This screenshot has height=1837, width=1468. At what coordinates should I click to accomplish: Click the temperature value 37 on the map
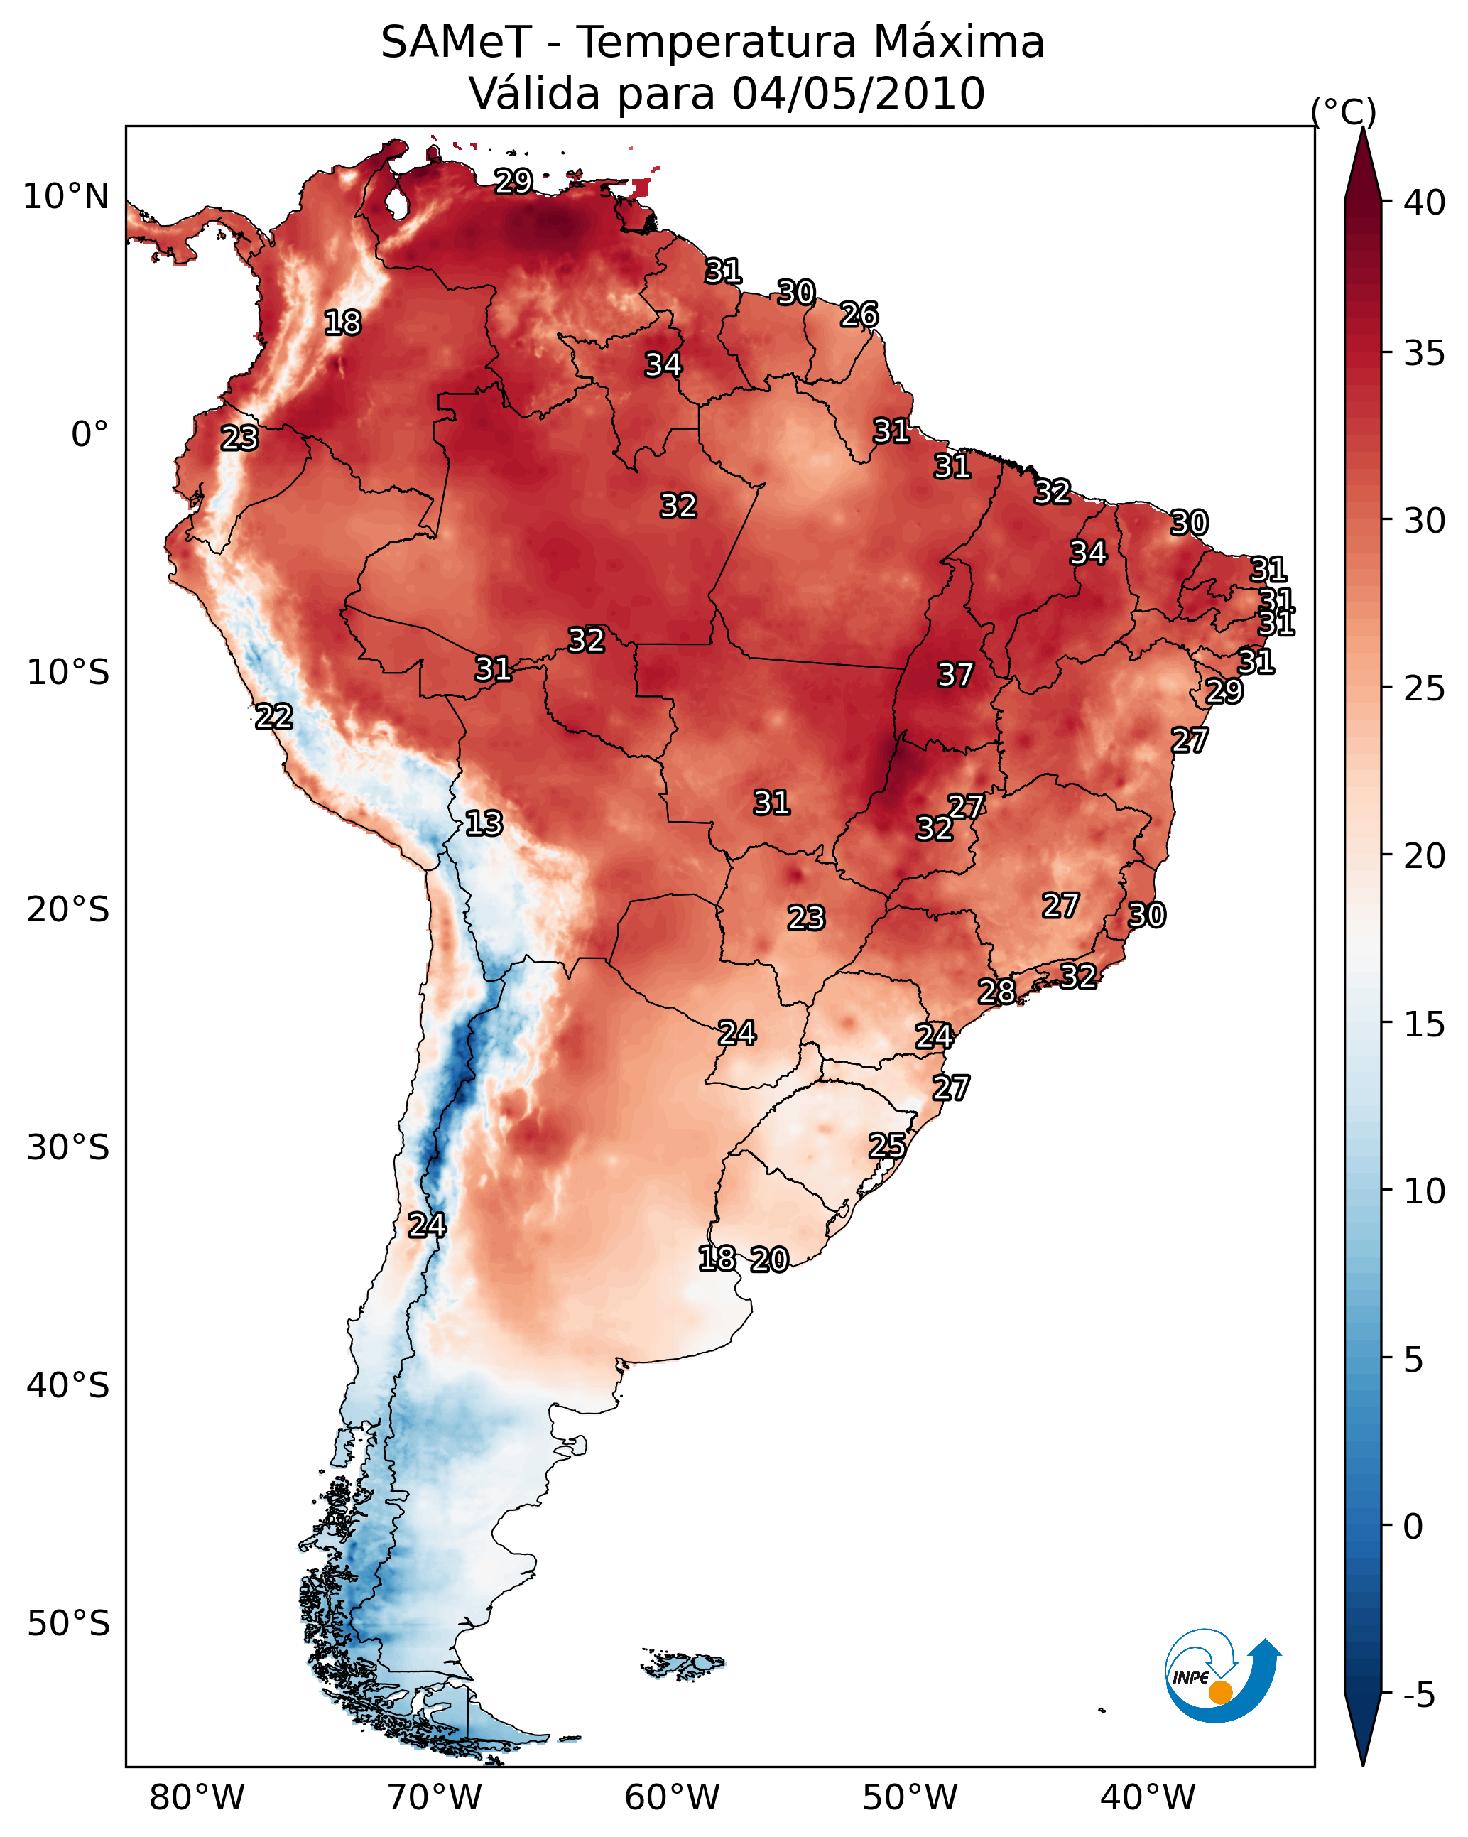pyautogui.click(x=955, y=675)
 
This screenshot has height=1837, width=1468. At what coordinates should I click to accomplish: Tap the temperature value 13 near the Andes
pyautogui.click(x=484, y=823)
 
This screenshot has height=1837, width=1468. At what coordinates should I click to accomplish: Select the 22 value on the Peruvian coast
pyautogui.click(x=274, y=717)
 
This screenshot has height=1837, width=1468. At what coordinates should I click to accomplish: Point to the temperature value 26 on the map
pyautogui.click(x=859, y=315)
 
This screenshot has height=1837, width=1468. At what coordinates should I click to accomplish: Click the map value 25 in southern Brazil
pyautogui.click(x=887, y=1145)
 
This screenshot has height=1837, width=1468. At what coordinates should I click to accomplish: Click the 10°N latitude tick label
pyautogui.click(x=65, y=197)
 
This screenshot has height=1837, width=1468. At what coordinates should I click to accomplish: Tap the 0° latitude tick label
pyautogui.click(x=89, y=435)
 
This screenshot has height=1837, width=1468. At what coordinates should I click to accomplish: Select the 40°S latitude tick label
pyautogui.click(x=67, y=1385)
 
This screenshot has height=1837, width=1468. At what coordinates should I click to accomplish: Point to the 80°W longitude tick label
pyautogui.click(x=197, y=1798)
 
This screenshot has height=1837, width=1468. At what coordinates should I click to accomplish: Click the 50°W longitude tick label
pyautogui.click(x=910, y=1798)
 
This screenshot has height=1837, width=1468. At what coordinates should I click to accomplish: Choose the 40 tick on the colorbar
pyautogui.click(x=1425, y=202)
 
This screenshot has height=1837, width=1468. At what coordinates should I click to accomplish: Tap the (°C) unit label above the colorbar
pyautogui.click(x=1344, y=112)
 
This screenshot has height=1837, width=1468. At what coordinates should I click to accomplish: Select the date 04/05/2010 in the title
pyautogui.click(x=858, y=94)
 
